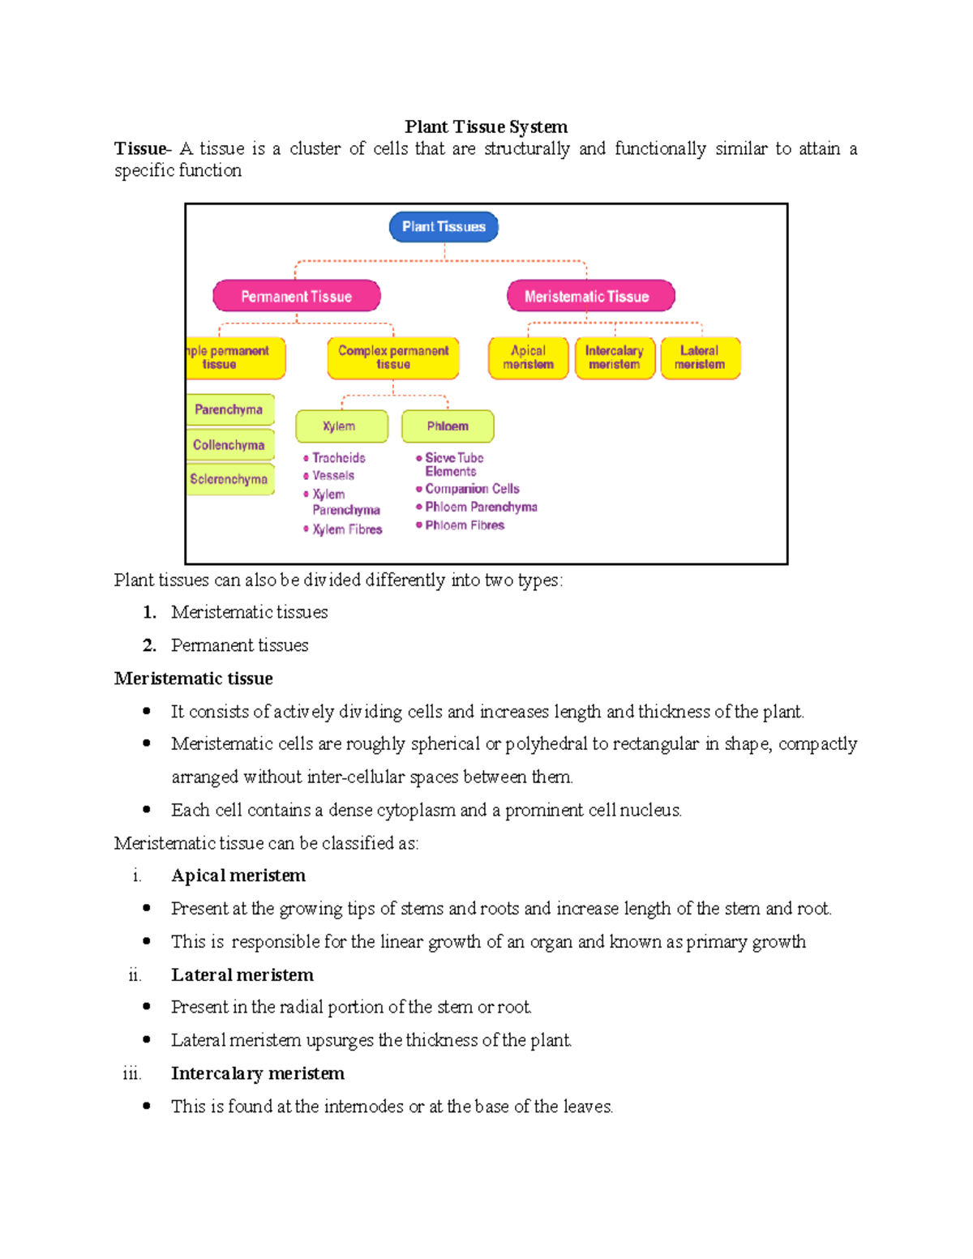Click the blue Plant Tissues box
(444, 227)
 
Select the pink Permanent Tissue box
(297, 296)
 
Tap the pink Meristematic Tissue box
(590, 296)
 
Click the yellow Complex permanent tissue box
(393, 358)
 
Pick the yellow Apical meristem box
(528, 358)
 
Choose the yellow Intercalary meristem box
(615, 358)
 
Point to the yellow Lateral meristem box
(700, 358)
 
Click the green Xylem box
(341, 426)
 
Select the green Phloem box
(448, 426)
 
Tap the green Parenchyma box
(229, 409)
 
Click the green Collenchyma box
(229, 444)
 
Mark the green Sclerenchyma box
(229, 479)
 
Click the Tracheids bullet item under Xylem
(338, 458)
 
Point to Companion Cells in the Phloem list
(472, 489)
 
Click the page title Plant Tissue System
(486, 126)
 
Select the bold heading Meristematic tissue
(193, 679)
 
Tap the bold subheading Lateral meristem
(242, 974)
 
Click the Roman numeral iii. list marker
(131, 1074)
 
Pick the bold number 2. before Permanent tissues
(149, 645)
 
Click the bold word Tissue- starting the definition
(142, 148)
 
